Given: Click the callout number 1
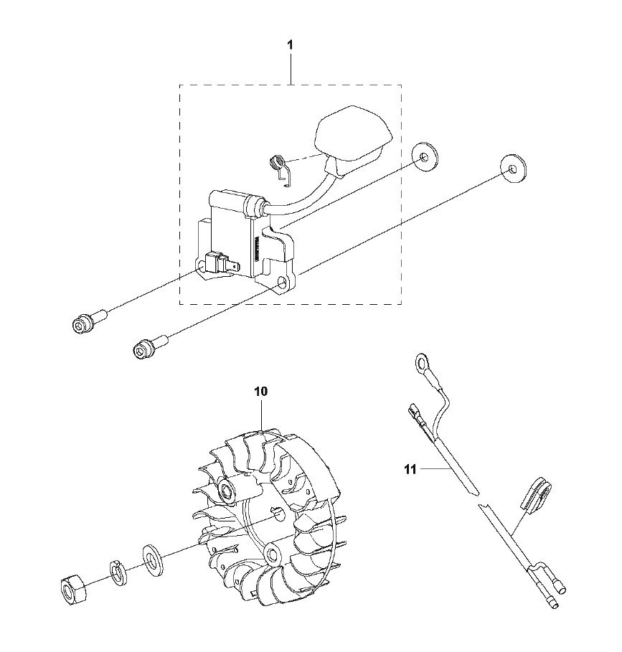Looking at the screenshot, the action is pos(291,45).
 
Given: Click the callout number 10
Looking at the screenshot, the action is pos(261,392).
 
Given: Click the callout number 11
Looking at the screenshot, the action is pos(410,470).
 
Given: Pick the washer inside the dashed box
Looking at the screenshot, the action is pos(425,157).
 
